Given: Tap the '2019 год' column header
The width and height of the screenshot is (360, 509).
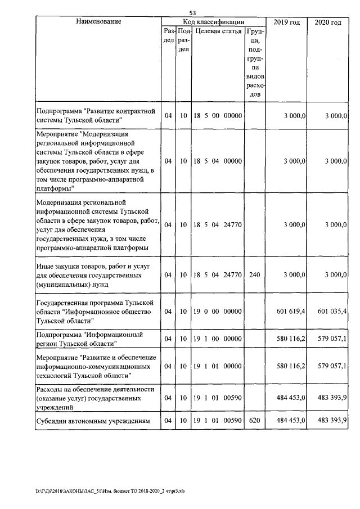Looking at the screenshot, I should tap(286, 22).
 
